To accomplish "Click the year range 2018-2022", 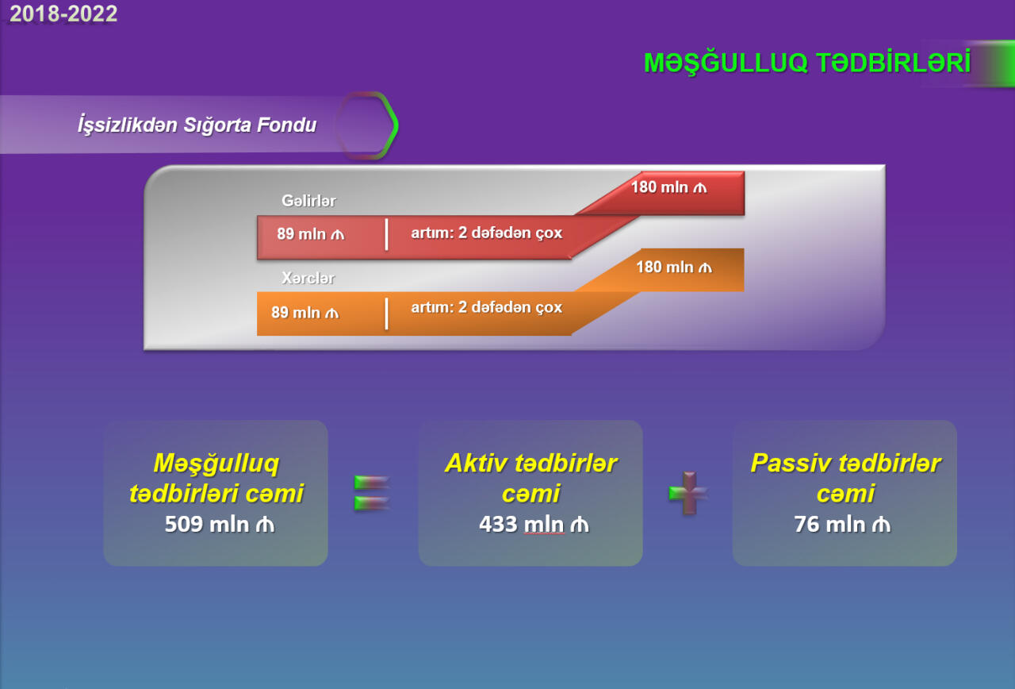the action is [63, 13].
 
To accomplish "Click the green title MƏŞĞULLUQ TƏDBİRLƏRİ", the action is [807, 62].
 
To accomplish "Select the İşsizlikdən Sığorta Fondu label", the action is [197, 125].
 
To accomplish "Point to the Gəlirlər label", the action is [308, 201].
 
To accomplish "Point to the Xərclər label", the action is [308, 278].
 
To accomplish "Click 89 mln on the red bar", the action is [310, 233].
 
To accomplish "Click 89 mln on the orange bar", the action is [305, 312].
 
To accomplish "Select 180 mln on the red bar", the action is [668, 187].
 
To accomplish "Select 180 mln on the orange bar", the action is [674, 267].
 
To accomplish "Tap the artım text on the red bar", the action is [486, 233].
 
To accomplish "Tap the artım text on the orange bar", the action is [486, 307].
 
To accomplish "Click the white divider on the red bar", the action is [386, 234].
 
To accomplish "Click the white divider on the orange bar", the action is [386, 314].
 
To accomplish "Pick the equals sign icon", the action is [372, 493].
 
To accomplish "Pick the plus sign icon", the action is [689, 493].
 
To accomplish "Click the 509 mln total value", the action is [220, 525].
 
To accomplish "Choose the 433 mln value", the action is [534, 525].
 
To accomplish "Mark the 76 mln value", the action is [842, 525].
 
